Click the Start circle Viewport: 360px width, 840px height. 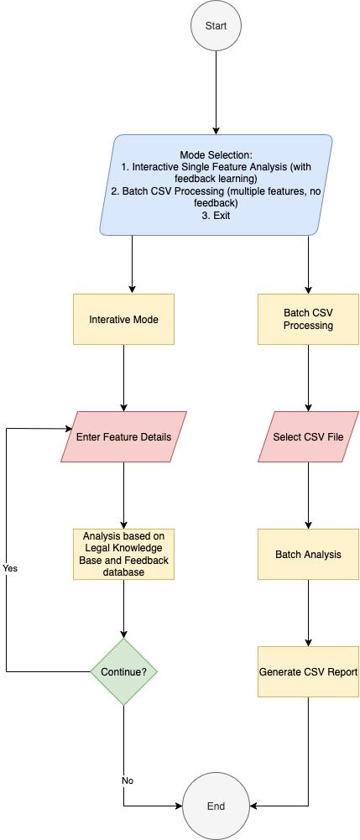coord(216,26)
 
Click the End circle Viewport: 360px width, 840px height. coord(216,806)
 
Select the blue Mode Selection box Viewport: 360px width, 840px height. coord(216,185)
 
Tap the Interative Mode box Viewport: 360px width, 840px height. coord(123,319)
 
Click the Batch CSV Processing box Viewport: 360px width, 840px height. coord(308,319)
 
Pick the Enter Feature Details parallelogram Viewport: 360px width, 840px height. coord(123,436)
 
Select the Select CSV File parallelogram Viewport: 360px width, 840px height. coord(308,436)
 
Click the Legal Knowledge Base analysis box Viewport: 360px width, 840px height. coord(123,554)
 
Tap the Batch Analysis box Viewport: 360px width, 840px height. coord(308,554)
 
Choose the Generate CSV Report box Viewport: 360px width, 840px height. coord(308,671)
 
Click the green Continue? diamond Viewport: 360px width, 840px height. coord(124,671)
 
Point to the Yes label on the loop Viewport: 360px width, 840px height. coord(10,568)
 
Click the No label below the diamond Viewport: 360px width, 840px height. coord(128,780)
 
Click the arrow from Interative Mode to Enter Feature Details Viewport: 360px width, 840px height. coord(124,378)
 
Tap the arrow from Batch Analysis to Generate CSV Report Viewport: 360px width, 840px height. coord(308,613)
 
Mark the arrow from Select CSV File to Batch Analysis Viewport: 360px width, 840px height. coord(308,495)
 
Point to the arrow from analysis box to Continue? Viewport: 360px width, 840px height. coord(124,608)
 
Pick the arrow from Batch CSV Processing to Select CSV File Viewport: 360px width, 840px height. coord(308,378)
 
